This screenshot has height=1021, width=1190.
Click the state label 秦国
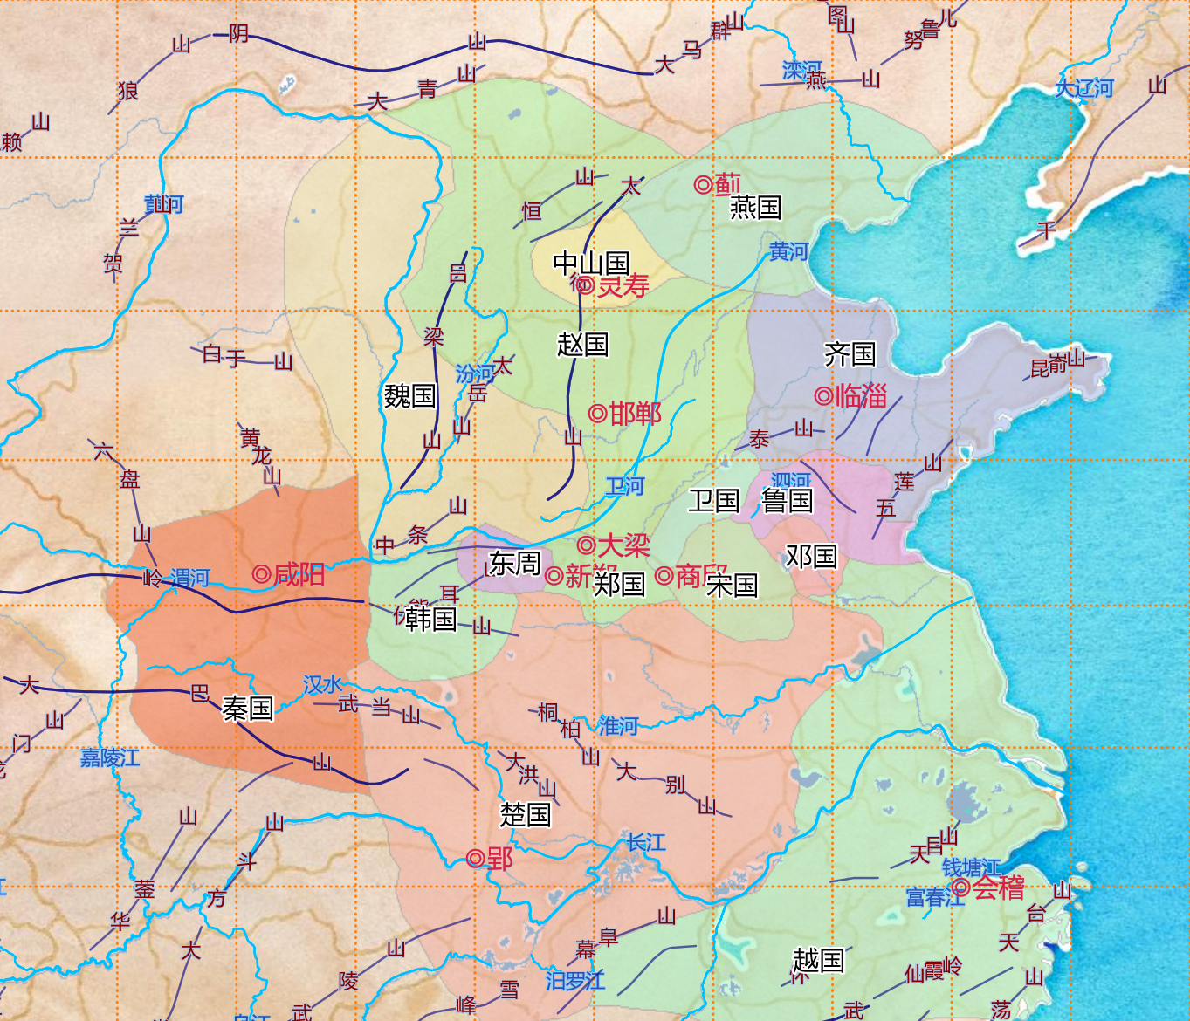coord(248,708)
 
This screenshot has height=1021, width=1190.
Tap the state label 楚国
coord(526,814)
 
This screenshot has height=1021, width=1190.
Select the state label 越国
coord(818,960)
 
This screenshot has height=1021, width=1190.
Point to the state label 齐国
coord(850,353)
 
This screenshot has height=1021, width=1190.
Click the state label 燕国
coord(755,207)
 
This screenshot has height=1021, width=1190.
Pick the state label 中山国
coord(591,262)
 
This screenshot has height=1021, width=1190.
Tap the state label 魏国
coord(409,395)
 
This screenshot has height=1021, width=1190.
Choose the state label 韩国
coord(431,619)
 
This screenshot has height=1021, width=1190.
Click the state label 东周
coord(514,563)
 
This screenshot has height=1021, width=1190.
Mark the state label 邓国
coord(811,556)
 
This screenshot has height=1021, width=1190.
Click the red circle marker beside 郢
coord(475,859)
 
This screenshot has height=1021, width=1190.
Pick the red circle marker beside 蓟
coord(703,184)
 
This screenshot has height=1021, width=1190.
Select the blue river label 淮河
coord(618,725)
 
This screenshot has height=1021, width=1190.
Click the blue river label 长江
coord(645,842)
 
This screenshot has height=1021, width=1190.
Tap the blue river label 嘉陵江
coord(110,757)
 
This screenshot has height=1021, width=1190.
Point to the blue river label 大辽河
coord(1084,88)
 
